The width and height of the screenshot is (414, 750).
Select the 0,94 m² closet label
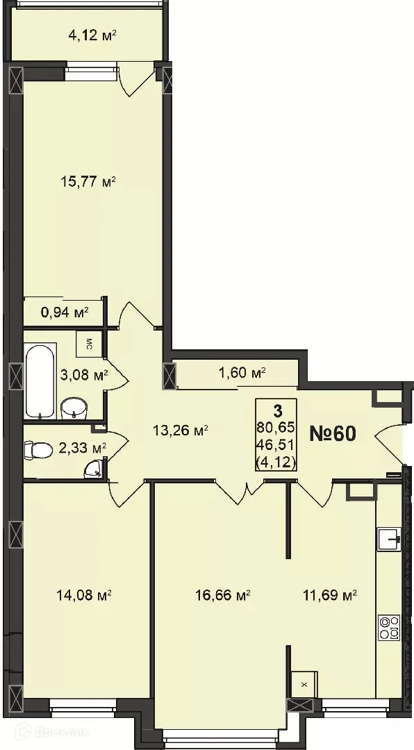pyautogui.click(x=65, y=312)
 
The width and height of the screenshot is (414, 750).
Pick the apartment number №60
pyautogui.click(x=332, y=433)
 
